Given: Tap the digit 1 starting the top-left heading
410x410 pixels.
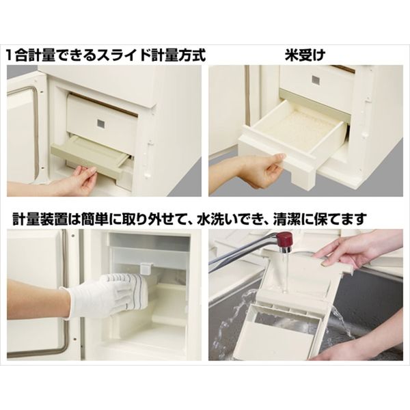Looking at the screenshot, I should coord(12,55).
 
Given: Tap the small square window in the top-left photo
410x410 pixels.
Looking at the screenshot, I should coord(101,124).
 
